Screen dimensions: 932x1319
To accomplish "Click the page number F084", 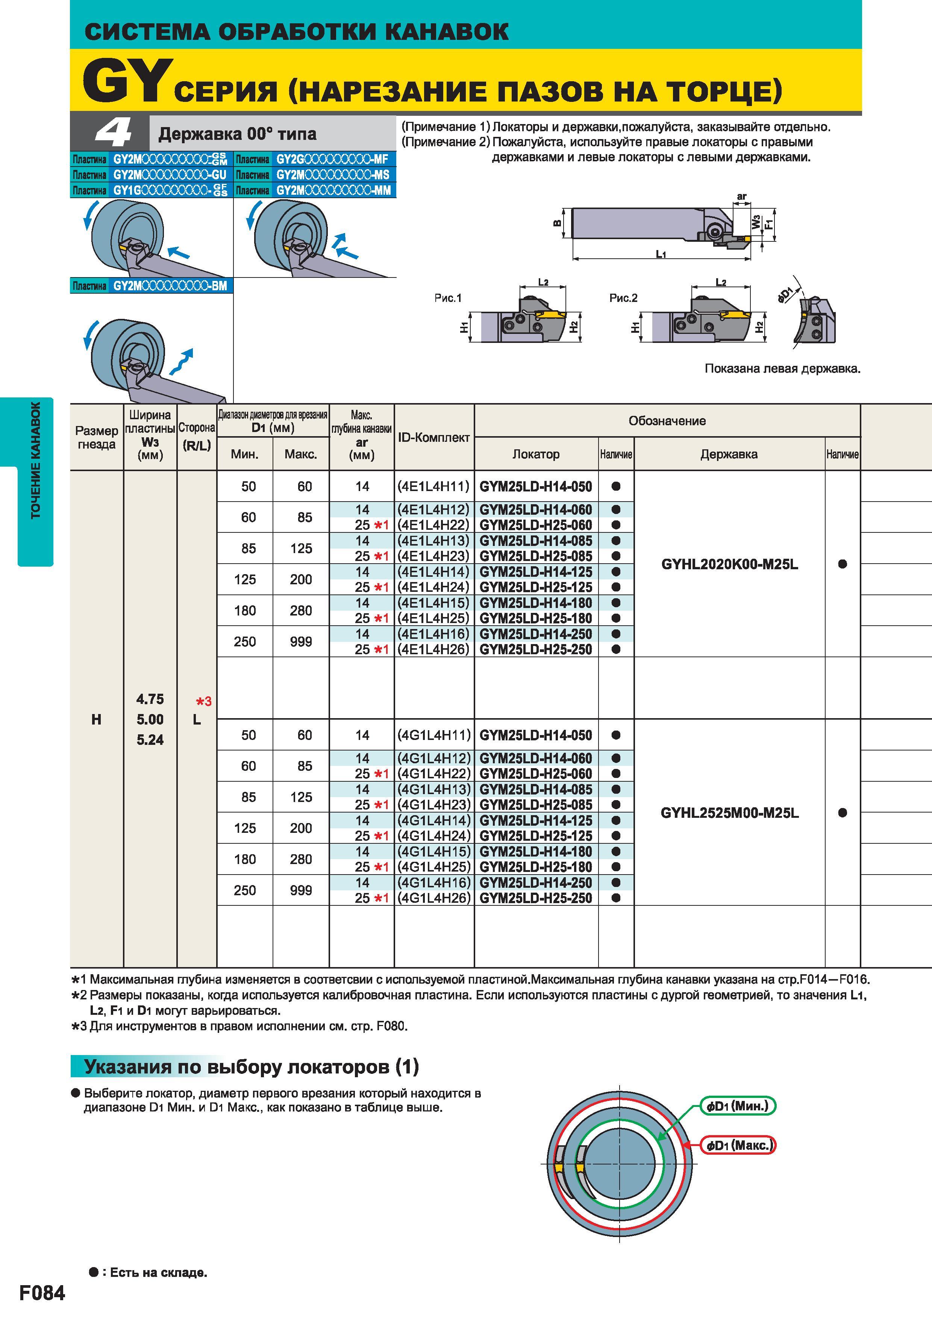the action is coord(42,1293).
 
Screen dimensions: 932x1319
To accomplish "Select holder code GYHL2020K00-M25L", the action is coord(729,564).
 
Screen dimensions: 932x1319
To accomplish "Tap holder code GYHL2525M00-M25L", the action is coord(729,813).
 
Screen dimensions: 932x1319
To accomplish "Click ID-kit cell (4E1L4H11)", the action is coord(433,487).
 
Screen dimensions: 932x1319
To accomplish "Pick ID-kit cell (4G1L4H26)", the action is coord(433,898).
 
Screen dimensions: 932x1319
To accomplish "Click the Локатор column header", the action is coord(536,454).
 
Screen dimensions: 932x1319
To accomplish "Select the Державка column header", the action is coord(729,454).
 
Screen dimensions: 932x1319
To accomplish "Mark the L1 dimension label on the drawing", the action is coord(661,254).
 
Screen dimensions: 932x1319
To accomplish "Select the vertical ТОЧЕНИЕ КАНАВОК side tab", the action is coord(36,460).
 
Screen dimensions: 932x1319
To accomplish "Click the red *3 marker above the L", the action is coord(204,702).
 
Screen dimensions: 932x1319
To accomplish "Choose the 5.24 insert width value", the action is coord(150,740).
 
